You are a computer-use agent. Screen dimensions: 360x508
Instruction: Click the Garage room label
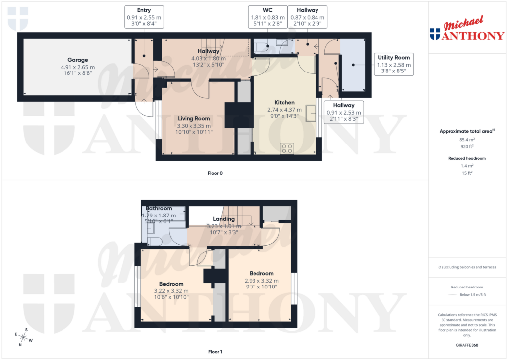(x=77, y=60)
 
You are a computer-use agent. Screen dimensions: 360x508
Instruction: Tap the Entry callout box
(x=144, y=17)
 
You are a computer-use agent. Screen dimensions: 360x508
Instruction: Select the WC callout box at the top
(x=268, y=17)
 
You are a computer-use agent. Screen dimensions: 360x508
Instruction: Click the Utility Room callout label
(x=393, y=64)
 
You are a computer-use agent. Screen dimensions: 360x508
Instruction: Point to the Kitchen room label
(x=285, y=102)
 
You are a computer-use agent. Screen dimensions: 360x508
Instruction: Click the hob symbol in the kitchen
(x=287, y=147)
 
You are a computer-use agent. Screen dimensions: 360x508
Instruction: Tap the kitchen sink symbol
(x=311, y=113)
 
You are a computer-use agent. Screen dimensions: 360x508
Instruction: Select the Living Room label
(x=194, y=118)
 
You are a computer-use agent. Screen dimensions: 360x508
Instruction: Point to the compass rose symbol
(x=23, y=337)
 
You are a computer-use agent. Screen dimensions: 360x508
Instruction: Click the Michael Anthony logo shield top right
(x=435, y=34)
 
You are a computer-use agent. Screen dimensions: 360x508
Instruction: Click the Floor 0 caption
(x=215, y=173)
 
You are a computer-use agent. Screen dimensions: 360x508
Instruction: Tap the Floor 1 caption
(x=215, y=352)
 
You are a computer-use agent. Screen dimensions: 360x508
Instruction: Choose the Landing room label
(x=224, y=219)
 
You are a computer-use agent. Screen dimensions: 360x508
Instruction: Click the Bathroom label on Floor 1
(x=159, y=208)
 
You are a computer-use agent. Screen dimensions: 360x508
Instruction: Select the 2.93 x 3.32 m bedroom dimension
(x=261, y=281)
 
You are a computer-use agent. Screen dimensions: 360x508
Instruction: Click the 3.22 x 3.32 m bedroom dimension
(x=171, y=291)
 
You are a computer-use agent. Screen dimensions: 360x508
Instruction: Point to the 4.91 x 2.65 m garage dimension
(x=77, y=67)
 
